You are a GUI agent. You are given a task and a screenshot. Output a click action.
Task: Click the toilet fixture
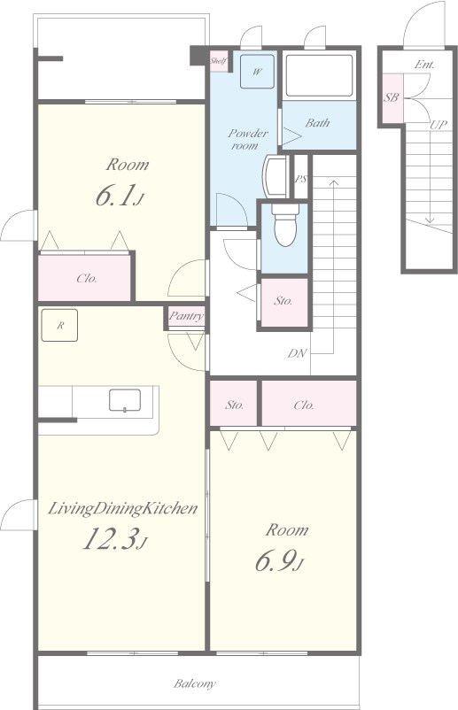(285, 224)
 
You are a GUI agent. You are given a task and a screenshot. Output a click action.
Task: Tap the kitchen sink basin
(125, 400)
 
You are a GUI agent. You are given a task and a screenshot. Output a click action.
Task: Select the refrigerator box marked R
(59, 325)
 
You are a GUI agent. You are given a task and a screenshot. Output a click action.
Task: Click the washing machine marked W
(257, 72)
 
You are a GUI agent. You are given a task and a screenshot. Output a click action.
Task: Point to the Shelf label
(218, 61)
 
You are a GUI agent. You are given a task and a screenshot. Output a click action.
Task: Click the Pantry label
(186, 316)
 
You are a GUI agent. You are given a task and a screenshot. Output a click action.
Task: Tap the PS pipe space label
(301, 179)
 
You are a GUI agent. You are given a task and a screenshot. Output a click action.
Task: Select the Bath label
(317, 123)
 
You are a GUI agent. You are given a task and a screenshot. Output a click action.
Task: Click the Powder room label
(247, 140)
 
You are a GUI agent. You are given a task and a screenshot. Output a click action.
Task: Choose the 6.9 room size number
(278, 561)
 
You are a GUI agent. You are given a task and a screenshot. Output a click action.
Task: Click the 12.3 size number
(115, 540)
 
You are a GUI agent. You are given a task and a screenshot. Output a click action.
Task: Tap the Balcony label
(195, 683)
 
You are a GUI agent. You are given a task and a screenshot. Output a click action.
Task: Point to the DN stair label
(297, 353)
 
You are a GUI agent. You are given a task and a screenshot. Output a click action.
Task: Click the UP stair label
(438, 125)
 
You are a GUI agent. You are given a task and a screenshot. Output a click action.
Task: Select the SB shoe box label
(392, 97)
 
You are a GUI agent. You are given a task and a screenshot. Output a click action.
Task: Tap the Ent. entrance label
(424, 65)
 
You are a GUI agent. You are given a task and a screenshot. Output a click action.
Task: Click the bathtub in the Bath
(320, 75)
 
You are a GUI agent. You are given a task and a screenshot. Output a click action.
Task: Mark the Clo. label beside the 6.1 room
(87, 279)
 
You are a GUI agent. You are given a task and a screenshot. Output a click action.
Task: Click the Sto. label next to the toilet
(283, 301)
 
